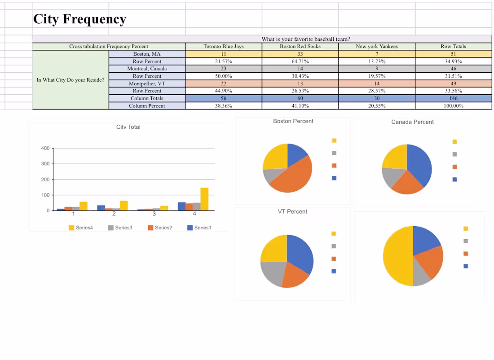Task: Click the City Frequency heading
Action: tap(79, 19)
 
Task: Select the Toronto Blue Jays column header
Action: tap(223, 46)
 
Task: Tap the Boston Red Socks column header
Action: tap(300, 46)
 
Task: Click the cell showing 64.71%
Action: tap(300, 61)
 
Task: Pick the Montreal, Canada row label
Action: tap(147, 69)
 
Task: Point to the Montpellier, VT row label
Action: tap(147, 83)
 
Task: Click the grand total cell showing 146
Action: tap(453, 98)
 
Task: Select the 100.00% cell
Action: tap(453, 106)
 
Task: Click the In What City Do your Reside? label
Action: tap(71, 80)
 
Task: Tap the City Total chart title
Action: tap(128, 127)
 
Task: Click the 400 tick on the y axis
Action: tap(45, 148)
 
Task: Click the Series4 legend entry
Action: tap(81, 228)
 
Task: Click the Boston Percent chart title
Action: tap(293, 121)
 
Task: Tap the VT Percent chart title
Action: tap(293, 211)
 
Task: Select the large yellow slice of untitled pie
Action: tap(396, 256)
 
